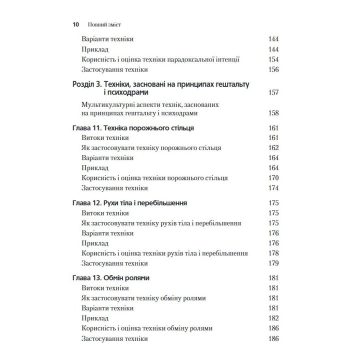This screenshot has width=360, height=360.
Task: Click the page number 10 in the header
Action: (x=76, y=24)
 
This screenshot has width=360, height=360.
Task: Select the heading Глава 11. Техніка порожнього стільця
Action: (x=133, y=128)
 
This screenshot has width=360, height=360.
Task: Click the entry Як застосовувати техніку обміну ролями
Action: (x=143, y=298)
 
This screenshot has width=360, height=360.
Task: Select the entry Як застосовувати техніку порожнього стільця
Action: (x=151, y=148)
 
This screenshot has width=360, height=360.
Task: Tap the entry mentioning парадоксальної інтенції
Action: (x=160, y=59)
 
